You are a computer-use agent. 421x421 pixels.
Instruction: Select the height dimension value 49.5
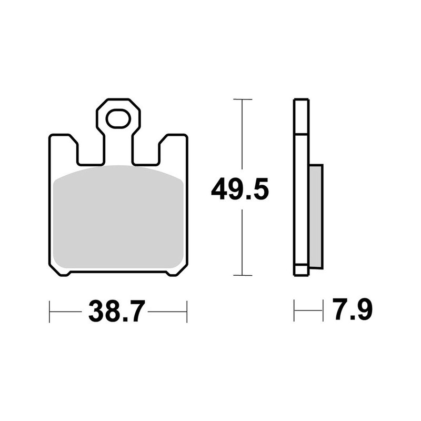tap(239, 190)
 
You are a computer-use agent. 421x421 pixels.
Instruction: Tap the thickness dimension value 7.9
tap(352, 310)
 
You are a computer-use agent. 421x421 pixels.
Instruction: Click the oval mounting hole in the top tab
tap(118, 119)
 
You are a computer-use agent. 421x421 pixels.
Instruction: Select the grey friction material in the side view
tap(316, 216)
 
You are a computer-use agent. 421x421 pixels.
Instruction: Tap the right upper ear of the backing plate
tap(173, 147)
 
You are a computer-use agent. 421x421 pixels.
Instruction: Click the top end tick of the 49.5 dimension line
tap(242, 99)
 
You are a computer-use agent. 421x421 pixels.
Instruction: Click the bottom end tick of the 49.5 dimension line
tap(242, 275)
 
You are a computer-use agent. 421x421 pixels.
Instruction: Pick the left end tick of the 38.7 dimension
tap(49, 312)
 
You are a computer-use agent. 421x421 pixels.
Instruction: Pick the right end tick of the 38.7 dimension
tap(187, 312)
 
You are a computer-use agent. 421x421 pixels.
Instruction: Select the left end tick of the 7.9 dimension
tap(294, 310)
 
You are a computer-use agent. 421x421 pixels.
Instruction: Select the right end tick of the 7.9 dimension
tap(323, 310)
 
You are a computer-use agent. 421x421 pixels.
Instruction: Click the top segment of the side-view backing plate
tap(301, 116)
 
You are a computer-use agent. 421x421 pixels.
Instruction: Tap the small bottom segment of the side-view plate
tap(301, 270)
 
